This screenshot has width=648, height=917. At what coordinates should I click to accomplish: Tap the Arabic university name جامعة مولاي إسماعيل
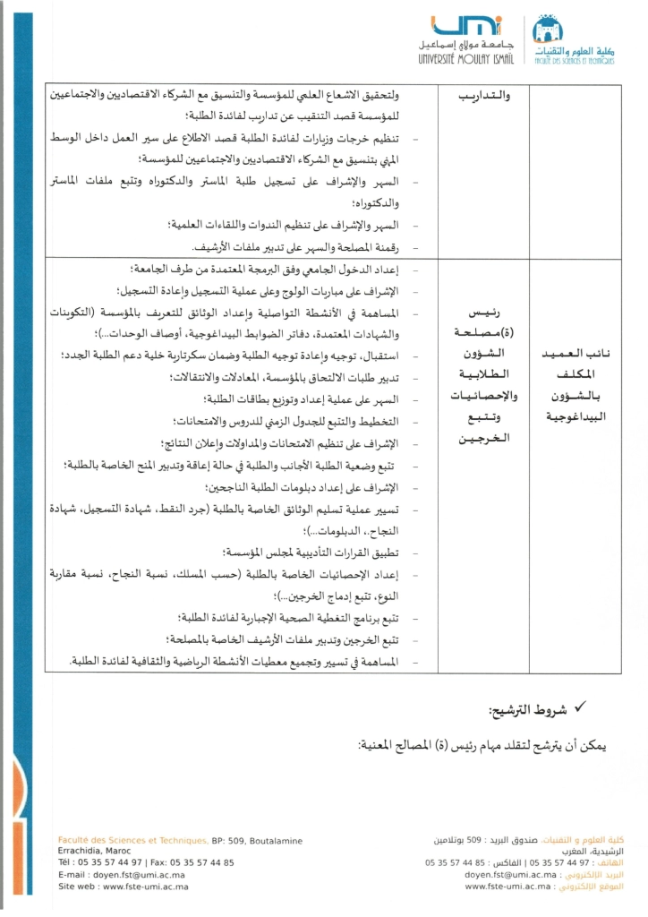457,45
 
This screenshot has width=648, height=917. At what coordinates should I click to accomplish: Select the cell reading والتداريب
483,93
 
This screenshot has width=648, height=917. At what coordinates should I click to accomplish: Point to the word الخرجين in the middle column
483,439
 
